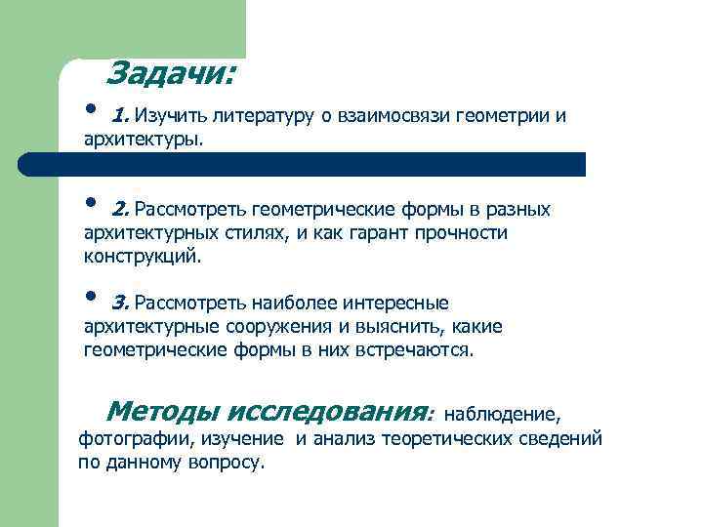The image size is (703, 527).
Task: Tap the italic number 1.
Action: pyautogui.click(x=119, y=116)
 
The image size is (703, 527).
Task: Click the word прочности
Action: pyautogui.click(x=460, y=233)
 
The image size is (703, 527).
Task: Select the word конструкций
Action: pyautogui.click(x=142, y=257)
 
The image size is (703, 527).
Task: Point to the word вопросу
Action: pyautogui.click(x=224, y=462)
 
